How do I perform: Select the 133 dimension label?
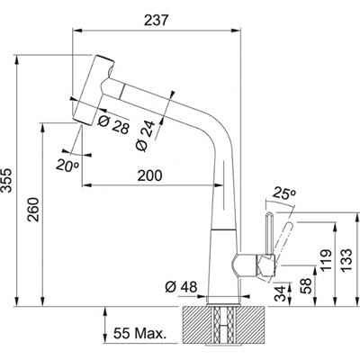point(345,256)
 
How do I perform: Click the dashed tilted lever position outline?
point(283,236)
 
